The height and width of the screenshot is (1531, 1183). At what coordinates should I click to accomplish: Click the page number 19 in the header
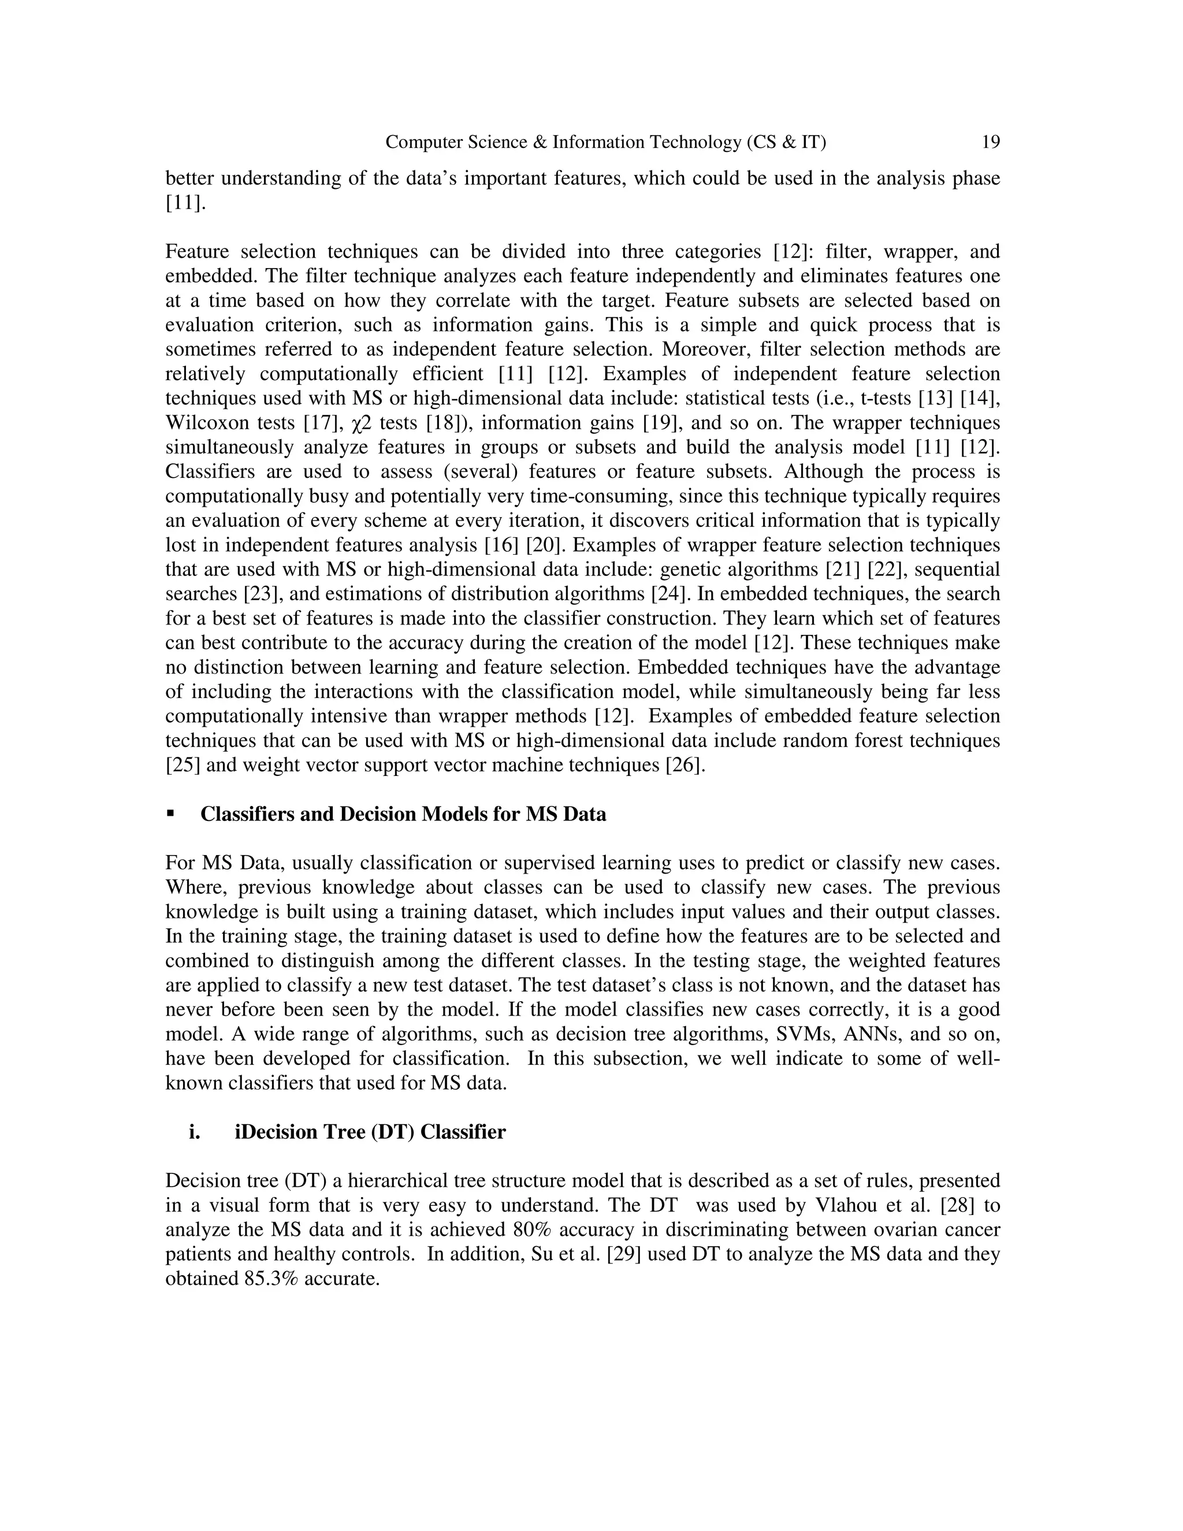[990, 142]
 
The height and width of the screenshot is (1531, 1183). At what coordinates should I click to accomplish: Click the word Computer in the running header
[421, 142]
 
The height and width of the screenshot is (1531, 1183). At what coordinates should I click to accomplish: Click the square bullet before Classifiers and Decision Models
[170, 814]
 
